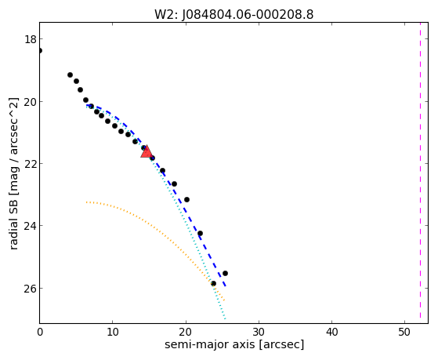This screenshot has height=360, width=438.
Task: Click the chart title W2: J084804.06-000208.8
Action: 233,14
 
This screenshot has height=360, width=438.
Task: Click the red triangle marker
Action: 146,152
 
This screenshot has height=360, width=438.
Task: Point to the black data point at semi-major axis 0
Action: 40,51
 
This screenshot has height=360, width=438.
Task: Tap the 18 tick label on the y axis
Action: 31,39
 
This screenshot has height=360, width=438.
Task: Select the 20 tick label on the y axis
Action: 31,101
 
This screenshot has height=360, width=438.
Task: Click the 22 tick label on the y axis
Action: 31,164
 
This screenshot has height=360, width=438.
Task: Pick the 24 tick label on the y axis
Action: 31,226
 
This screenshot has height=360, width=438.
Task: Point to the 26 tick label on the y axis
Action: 31,288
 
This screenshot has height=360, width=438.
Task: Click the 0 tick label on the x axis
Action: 40,333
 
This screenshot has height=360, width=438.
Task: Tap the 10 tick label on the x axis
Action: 113,333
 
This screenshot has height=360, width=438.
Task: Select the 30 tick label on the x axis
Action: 259,333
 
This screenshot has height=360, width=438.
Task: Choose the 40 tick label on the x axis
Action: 332,333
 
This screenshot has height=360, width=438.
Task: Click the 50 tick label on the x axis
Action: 405,333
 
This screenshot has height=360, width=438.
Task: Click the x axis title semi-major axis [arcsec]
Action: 234,344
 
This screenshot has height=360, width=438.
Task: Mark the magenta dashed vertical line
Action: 420,173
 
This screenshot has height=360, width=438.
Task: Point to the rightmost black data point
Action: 225,273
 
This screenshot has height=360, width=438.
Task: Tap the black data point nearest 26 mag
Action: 213,284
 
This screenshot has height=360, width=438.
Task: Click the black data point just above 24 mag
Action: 200,233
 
